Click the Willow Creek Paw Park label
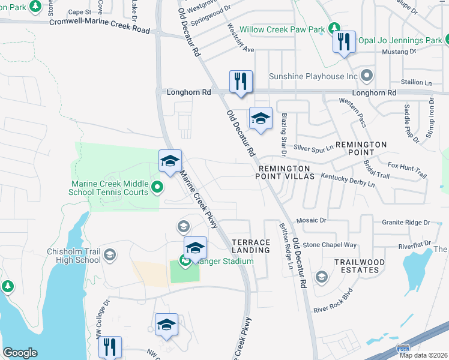(282, 29)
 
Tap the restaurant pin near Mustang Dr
(344, 42)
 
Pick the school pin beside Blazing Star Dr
(261, 118)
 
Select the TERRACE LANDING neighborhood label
(251, 246)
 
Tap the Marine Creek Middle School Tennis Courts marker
(157, 188)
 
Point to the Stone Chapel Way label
(330, 245)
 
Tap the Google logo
(20, 352)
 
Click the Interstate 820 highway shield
(403, 348)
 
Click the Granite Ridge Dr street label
(406, 222)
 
